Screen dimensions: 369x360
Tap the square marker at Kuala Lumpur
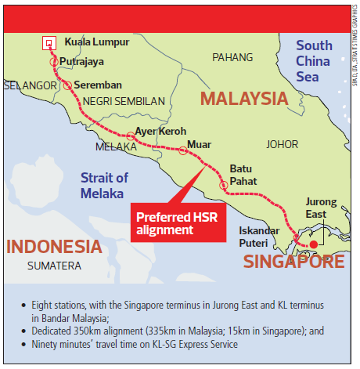coord(49,42)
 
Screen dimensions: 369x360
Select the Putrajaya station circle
coord(53,61)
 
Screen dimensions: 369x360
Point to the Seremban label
coord(103,85)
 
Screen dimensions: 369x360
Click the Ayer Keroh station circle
coord(131,136)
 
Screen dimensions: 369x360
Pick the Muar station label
coord(199,145)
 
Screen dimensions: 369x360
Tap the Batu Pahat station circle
coord(224,186)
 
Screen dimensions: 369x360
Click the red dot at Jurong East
coord(312,245)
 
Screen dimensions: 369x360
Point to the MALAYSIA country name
coord(244,99)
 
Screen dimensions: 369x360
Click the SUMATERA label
coord(54,266)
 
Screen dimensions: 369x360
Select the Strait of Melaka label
coord(103,186)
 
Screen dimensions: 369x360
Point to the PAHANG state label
coord(232,58)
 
